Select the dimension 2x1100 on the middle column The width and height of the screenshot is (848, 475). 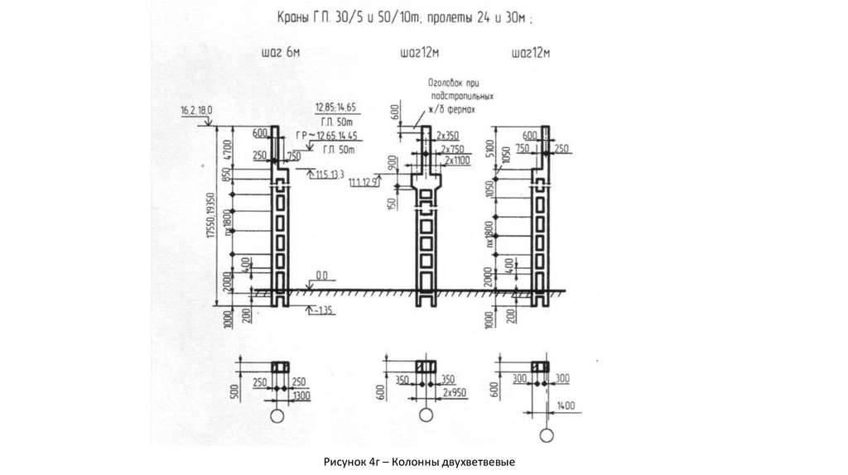pos(460,159)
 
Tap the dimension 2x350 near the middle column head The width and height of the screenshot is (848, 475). pos(449,134)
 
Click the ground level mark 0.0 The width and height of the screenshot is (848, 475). pos(321,275)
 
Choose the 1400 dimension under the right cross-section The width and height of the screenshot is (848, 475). pos(566,406)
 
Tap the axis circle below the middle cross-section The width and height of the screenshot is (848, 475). pos(425,415)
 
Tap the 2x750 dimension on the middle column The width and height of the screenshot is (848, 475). pos(455,147)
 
